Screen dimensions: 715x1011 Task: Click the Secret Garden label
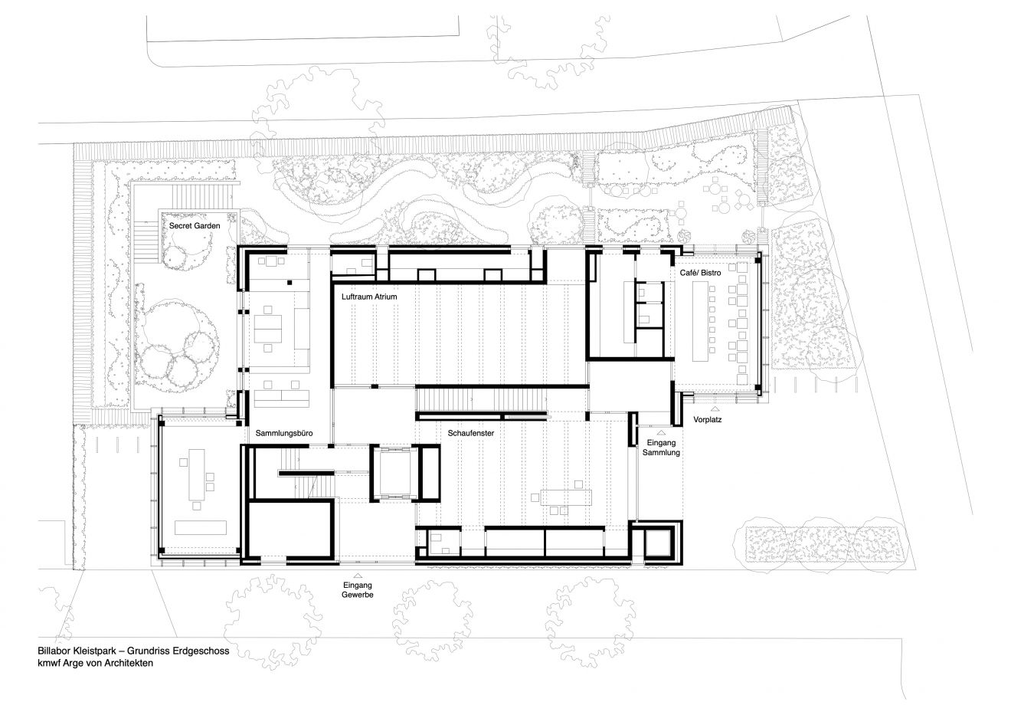pyautogui.click(x=195, y=227)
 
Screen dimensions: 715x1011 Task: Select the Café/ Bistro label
pyautogui.click(x=700, y=273)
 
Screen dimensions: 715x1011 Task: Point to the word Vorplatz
pyautogui.click(x=708, y=420)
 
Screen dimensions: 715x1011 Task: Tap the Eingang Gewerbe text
pyautogui.click(x=358, y=590)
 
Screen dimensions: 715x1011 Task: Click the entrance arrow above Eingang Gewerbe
pyautogui.click(x=357, y=574)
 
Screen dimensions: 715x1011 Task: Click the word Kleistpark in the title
pyautogui.click(x=97, y=650)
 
